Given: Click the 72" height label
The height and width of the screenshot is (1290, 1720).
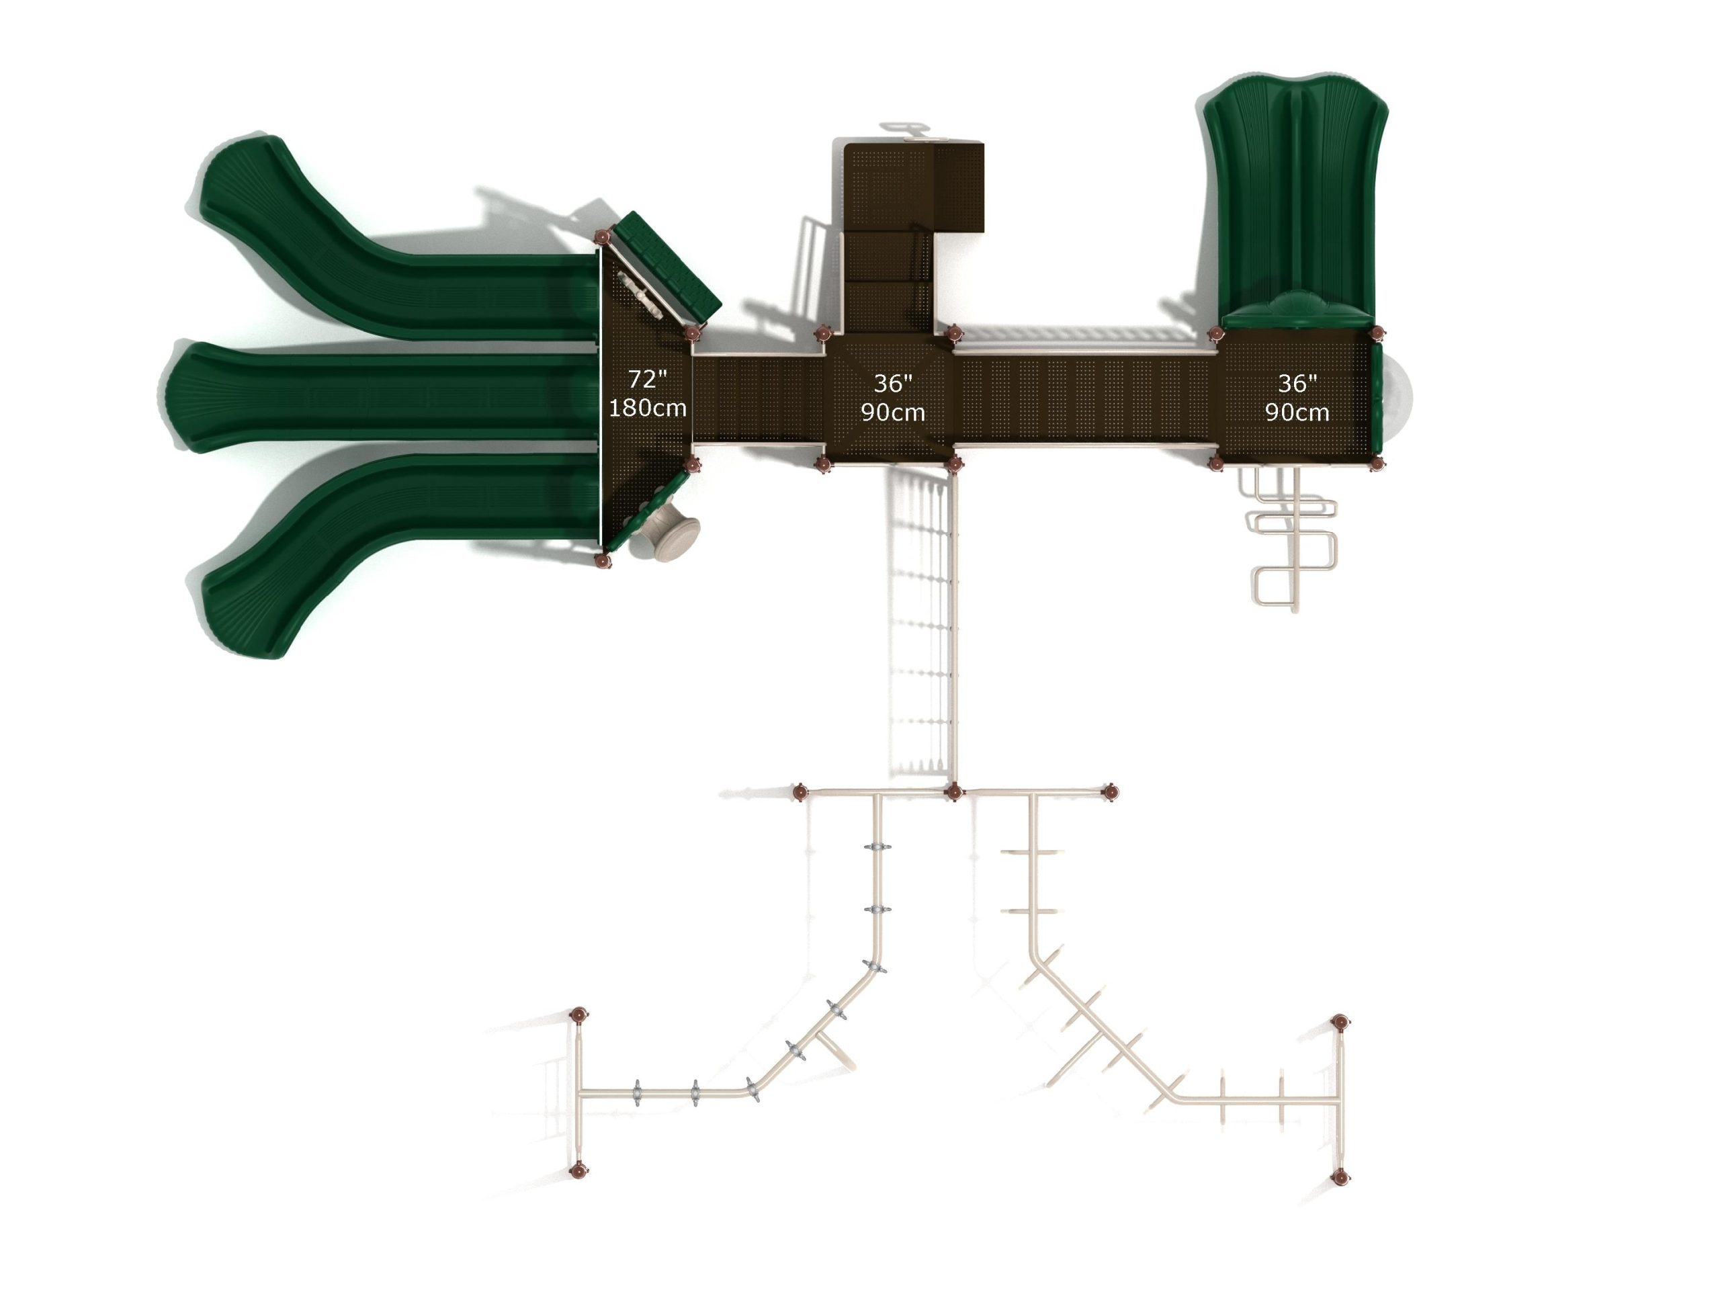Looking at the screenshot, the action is pyautogui.click(x=647, y=380).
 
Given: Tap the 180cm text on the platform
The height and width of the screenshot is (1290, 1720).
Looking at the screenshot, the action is pyautogui.click(x=647, y=407).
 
